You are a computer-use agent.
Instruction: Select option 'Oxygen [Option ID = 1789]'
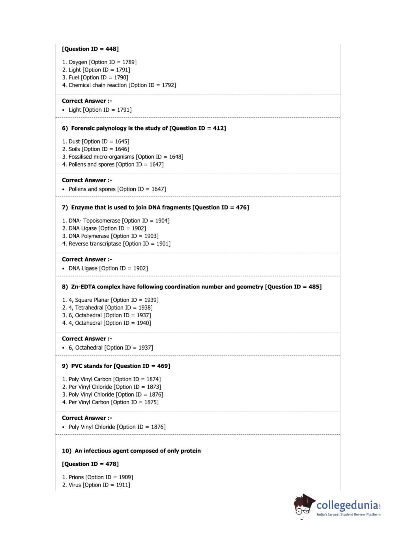[x=99, y=62]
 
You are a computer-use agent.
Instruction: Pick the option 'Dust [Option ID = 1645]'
[x=95, y=141]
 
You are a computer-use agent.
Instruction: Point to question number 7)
[x=65, y=208]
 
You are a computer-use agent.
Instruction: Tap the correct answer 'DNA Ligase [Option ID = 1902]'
[x=108, y=268]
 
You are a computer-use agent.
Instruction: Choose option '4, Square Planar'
[x=110, y=300]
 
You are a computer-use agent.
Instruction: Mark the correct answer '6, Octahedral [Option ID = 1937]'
[x=110, y=348]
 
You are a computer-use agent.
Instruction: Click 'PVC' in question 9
[x=77, y=366]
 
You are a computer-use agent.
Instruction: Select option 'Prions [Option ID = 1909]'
[x=97, y=477]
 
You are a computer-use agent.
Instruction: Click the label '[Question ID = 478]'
[x=90, y=464]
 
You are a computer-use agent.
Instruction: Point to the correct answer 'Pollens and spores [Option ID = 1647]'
[x=117, y=189]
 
